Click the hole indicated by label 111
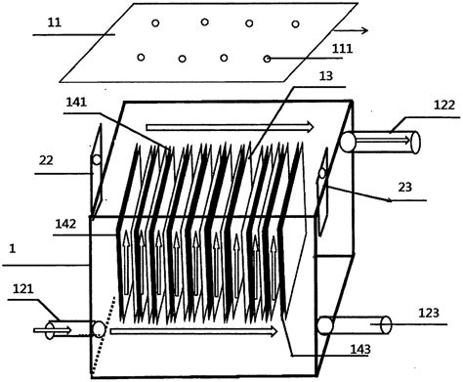(268, 59)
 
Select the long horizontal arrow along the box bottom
(195, 332)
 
